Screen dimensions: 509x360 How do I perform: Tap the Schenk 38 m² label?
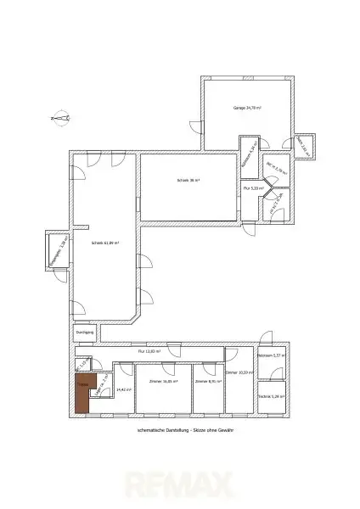pyautogui.click(x=188, y=181)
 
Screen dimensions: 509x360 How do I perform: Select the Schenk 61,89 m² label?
pyautogui.click(x=104, y=243)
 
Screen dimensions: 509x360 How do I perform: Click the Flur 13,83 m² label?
pyautogui.click(x=150, y=350)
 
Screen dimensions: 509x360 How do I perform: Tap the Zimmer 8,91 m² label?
pyautogui.click(x=208, y=382)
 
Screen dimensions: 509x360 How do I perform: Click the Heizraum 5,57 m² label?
pyautogui.click(x=273, y=356)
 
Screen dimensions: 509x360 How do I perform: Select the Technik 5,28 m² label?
pyautogui.click(x=273, y=395)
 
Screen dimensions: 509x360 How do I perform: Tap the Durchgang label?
pyautogui.click(x=83, y=333)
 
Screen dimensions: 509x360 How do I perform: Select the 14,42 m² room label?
pyautogui.click(x=122, y=389)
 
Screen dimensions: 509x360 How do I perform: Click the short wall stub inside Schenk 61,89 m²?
pyautogui.click(x=82, y=227)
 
